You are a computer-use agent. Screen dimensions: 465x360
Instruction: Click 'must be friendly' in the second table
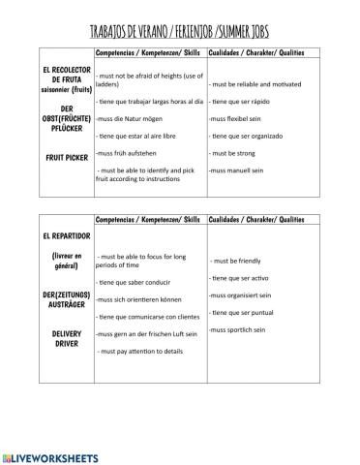(x=238, y=261)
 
